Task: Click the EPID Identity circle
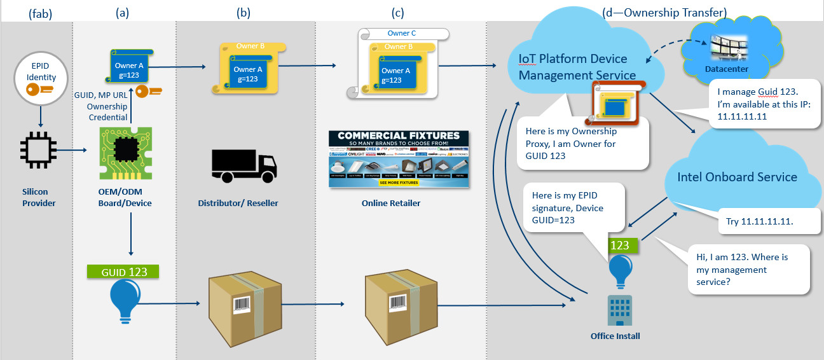[41, 80]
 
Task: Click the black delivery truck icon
[244, 164]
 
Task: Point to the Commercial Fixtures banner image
[399, 159]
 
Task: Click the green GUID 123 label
[123, 272]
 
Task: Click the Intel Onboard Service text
[737, 177]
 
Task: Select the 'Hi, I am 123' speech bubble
[748, 270]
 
